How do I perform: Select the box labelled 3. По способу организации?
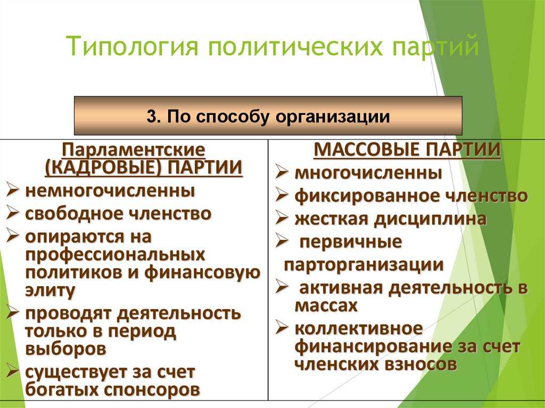click(268, 115)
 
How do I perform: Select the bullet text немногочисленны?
click(110, 190)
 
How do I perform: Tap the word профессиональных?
click(114, 255)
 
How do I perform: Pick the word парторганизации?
click(364, 265)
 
